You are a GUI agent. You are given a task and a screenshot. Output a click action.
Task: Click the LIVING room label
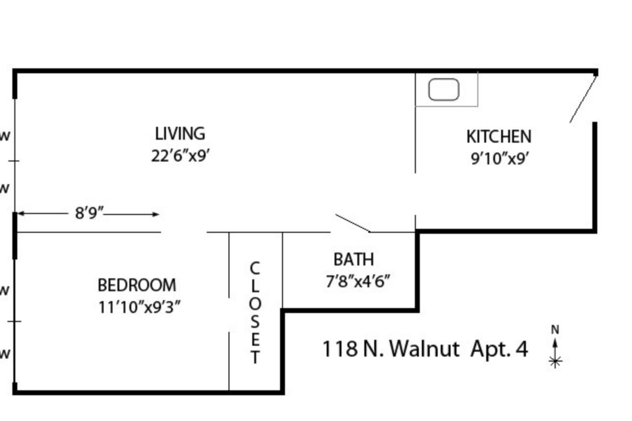coord(180,134)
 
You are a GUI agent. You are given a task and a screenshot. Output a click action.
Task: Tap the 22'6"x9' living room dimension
coord(180,156)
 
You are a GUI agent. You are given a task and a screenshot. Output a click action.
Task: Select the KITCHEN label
coord(499,136)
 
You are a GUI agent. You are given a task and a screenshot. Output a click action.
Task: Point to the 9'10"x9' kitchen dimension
coord(499,158)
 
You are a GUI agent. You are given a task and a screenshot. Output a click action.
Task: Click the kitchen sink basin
coord(444,89)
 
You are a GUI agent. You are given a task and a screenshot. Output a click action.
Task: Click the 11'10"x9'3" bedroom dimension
coord(140,307)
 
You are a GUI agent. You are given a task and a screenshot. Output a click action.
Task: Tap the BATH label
coord(354,259)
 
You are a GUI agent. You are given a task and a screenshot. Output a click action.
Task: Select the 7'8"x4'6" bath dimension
coord(358,281)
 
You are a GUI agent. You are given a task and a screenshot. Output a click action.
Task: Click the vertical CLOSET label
coord(255,313)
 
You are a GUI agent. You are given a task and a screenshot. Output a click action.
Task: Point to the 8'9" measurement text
coord(89,213)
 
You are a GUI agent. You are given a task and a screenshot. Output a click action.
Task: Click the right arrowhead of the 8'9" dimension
coord(156,214)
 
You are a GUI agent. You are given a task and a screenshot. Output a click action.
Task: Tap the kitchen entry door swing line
coord(583,99)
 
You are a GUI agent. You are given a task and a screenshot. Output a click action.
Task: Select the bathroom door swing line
coord(353,223)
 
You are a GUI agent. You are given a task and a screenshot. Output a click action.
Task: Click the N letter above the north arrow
coord(555,329)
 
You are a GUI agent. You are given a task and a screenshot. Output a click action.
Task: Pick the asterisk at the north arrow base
coord(555,361)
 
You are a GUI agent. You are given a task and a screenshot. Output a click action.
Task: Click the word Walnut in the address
coord(424,349)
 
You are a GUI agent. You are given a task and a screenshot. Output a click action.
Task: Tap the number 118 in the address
coord(340,349)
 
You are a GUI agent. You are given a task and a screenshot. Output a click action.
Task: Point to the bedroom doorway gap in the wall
coord(183,232)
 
